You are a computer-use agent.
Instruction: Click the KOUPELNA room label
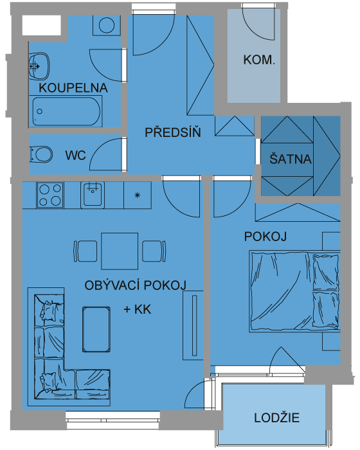click(73, 88)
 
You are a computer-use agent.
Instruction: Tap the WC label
click(75, 156)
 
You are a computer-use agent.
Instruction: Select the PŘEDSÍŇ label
click(173, 132)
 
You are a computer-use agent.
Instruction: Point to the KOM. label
click(259, 60)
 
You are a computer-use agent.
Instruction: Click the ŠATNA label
click(291, 158)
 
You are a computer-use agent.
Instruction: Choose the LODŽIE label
click(276, 417)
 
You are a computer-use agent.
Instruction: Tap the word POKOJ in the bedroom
click(265, 237)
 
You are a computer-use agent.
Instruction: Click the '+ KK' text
click(137, 309)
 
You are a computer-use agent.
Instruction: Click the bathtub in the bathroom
click(66, 111)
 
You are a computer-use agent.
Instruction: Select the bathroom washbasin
click(39, 66)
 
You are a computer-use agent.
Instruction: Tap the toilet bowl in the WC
click(41, 154)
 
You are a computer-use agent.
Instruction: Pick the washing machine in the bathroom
click(107, 25)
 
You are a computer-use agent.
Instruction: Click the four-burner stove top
click(50, 195)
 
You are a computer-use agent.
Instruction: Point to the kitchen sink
click(93, 195)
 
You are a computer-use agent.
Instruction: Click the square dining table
click(120, 251)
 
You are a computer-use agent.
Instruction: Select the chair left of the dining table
click(85, 251)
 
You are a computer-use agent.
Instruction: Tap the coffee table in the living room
click(96, 329)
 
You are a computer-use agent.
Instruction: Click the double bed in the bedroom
click(294, 292)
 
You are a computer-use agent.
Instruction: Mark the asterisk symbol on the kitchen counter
click(138, 195)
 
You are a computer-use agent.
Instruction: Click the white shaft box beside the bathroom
click(42, 25)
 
